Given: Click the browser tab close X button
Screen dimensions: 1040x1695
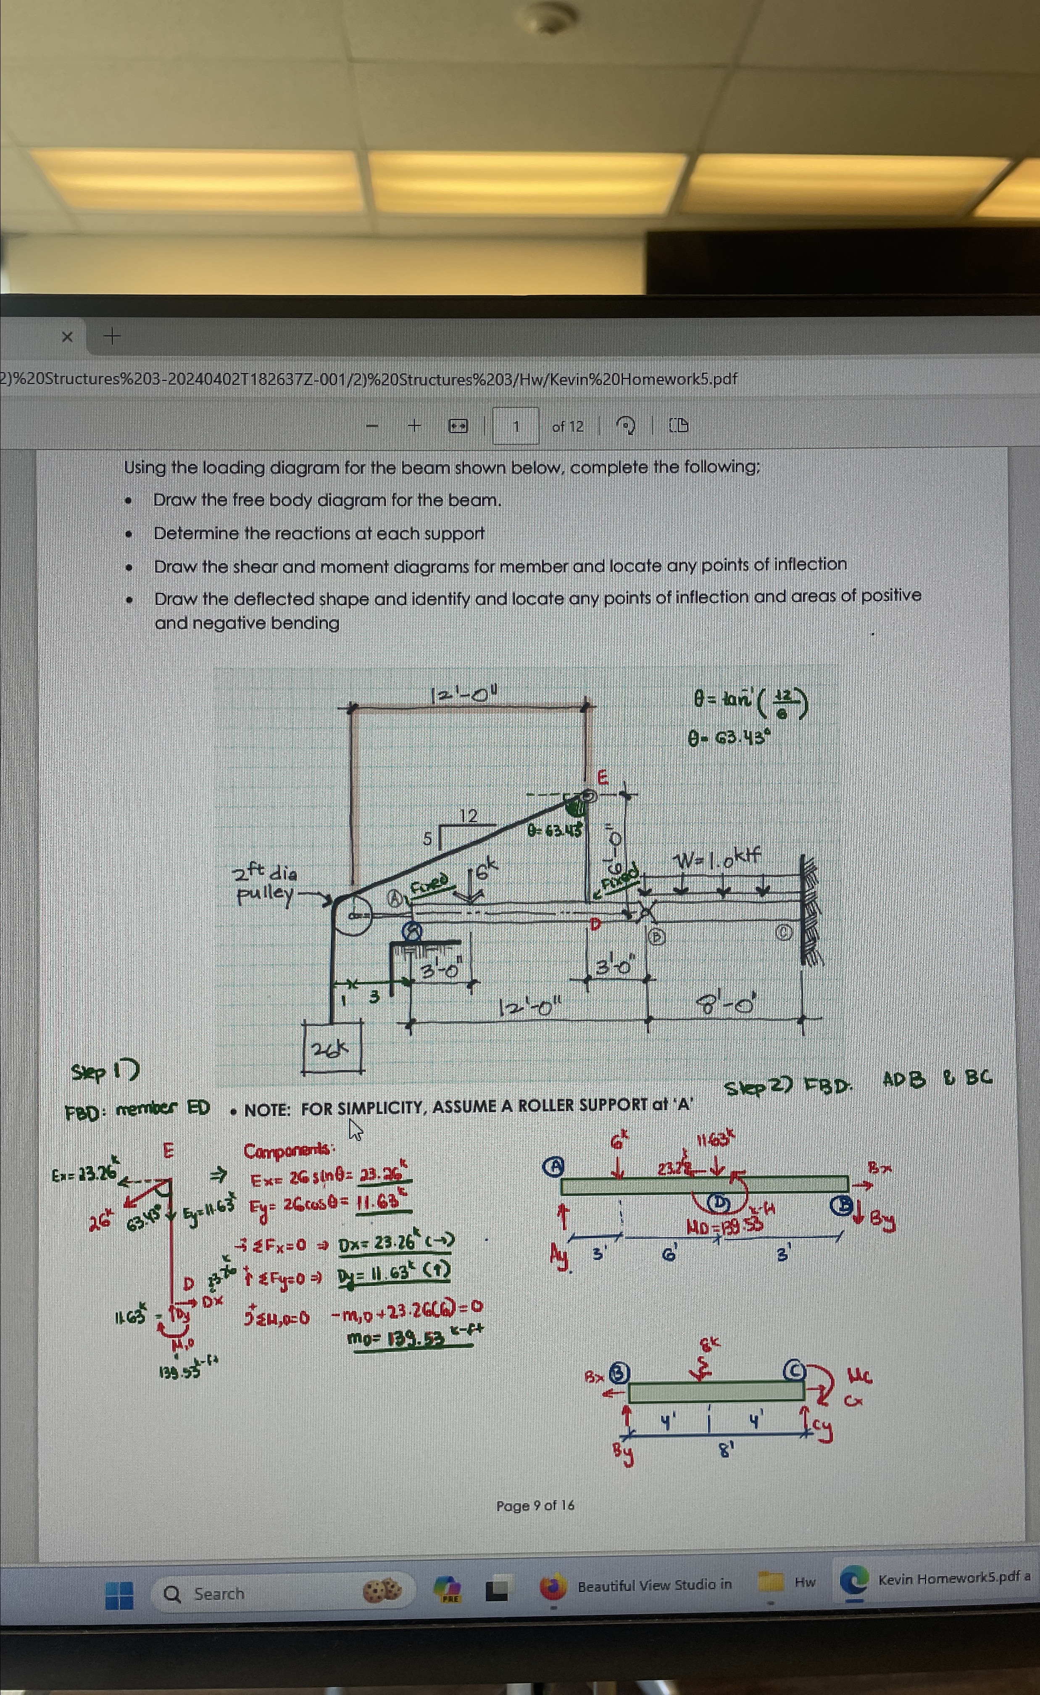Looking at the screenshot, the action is [x=67, y=336].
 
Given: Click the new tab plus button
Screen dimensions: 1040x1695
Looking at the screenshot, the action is [x=111, y=336].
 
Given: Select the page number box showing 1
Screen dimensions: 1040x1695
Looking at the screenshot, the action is [x=515, y=427].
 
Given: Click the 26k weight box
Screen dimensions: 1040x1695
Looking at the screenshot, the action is [x=332, y=1048].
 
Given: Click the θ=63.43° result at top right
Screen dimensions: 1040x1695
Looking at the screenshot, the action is [x=728, y=738].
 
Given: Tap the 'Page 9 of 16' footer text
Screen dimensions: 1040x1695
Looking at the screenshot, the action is [x=535, y=1506].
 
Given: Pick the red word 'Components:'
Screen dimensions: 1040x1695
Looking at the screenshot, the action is [x=289, y=1151].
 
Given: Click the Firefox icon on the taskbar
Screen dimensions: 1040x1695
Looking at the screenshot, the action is [x=552, y=1587].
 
